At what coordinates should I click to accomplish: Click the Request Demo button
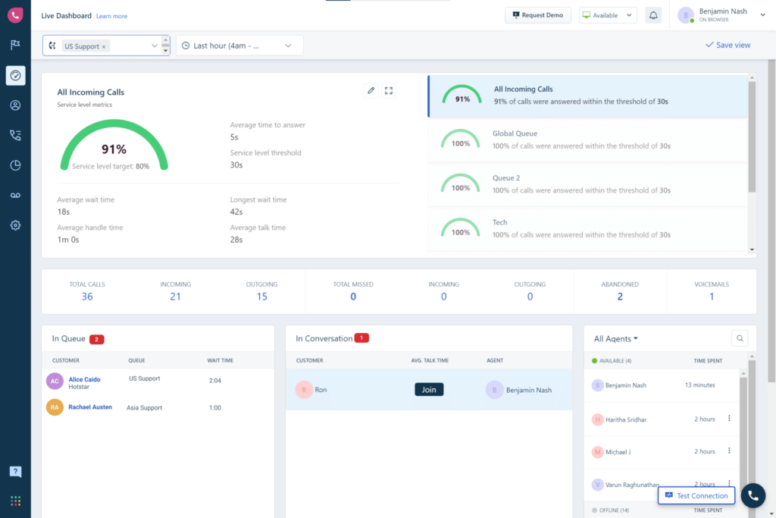(539, 15)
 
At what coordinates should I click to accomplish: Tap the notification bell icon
(653, 15)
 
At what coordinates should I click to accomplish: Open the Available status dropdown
(608, 15)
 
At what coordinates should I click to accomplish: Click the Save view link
(727, 46)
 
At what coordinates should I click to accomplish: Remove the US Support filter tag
(104, 46)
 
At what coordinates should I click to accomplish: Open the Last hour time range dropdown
(239, 46)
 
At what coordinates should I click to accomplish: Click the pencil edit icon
(371, 91)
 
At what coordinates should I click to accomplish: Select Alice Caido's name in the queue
(84, 379)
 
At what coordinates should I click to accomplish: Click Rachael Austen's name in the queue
(90, 407)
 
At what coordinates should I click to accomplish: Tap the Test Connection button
(696, 496)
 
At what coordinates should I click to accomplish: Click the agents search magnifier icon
(739, 338)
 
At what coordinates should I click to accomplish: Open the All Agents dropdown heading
(615, 339)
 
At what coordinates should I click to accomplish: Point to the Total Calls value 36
(87, 297)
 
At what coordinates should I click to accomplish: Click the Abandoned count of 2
(620, 297)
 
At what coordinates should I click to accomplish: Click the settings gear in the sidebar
(15, 225)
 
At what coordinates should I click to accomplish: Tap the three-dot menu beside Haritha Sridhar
(729, 419)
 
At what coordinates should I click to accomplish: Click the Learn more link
(112, 16)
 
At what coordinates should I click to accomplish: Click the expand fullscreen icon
(389, 91)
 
